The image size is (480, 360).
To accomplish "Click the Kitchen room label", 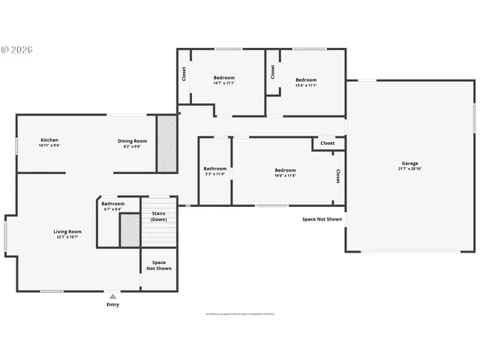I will [x=49, y=140].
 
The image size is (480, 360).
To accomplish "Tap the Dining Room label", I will [x=132, y=141].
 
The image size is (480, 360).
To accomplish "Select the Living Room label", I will [x=67, y=232].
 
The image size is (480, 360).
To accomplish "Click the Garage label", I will [x=409, y=163].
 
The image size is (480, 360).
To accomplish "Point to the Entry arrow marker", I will [x=112, y=296].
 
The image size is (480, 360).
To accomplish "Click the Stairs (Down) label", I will [x=159, y=216].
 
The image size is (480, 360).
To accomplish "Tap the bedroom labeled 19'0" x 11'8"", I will [x=285, y=170].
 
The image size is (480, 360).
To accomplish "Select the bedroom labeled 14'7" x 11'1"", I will [x=223, y=78].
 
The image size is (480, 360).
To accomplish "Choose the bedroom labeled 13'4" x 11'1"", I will [x=306, y=80].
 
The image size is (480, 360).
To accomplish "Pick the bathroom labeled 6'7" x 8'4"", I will [x=113, y=204].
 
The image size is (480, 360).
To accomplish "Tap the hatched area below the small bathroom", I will [x=130, y=230].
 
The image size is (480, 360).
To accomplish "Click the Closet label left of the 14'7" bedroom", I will [x=184, y=74].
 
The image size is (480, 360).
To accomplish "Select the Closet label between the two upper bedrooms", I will [x=273, y=71].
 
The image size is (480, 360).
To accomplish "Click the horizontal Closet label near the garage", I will [x=328, y=142].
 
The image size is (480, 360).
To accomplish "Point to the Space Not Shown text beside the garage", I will [x=322, y=220].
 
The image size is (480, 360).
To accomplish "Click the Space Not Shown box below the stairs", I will [x=159, y=265].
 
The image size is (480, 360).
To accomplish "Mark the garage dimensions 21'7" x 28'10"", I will [x=409, y=169].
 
